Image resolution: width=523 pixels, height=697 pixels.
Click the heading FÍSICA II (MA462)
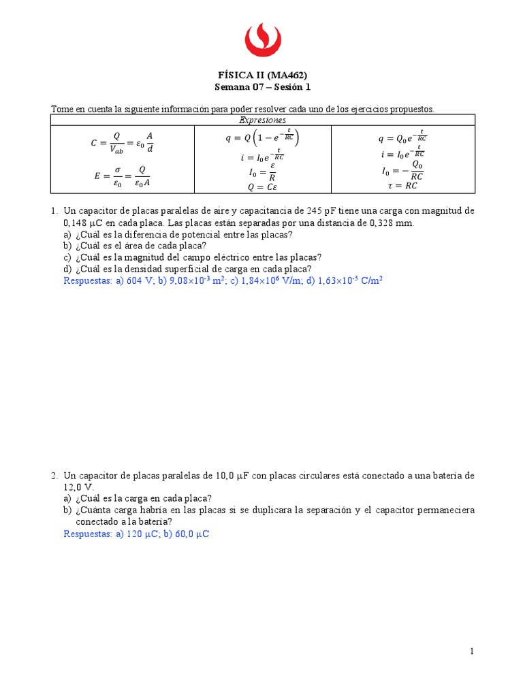(262, 75)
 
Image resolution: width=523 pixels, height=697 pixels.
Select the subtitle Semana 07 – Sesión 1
(262, 87)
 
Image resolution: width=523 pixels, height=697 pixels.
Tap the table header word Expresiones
(262, 120)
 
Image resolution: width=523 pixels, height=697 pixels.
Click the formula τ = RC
(402, 184)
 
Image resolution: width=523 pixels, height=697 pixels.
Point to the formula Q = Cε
(262, 186)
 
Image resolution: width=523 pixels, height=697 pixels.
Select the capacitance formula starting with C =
(122, 142)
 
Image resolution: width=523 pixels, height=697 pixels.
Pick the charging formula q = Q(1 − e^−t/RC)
(262, 137)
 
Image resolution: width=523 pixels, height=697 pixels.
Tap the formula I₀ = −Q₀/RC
(402, 170)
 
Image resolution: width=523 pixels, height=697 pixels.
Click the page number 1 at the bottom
(471, 651)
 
